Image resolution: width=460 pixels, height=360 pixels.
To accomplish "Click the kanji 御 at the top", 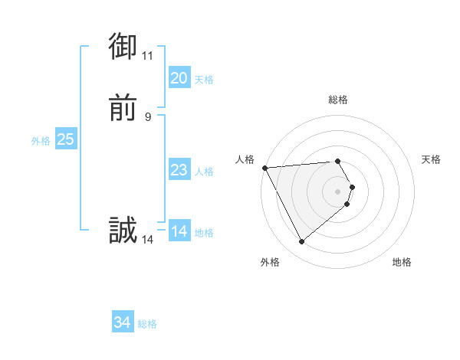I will point(123,47).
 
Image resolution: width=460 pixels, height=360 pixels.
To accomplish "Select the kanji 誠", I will point(123,231).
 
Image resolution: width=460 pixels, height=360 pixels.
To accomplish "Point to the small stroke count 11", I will point(147,55).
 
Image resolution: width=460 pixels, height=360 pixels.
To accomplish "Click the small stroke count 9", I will point(148,116).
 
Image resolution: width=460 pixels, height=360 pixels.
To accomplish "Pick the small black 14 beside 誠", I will point(147,239).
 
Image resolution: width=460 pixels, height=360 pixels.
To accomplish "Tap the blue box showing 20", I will point(179,78).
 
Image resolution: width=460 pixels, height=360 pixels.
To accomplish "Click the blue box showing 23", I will point(179,170).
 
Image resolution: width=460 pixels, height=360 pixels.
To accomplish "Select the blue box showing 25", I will point(65,139).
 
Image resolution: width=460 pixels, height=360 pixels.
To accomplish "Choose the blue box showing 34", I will point(123,323).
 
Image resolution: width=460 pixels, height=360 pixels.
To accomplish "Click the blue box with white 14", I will point(179,231).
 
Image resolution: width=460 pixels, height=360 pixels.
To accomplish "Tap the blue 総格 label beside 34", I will point(147,324).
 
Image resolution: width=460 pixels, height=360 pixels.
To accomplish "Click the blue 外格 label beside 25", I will point(41,140).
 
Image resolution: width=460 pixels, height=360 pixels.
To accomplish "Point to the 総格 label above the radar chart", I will point(338,100).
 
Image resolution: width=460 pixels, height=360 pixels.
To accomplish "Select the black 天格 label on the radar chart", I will point(432,159).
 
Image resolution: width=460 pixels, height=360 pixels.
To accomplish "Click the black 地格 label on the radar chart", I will point(402,263).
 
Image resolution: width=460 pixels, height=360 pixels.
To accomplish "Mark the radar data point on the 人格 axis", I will point(264,167).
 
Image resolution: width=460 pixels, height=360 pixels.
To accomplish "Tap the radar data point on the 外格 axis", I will point(301,242).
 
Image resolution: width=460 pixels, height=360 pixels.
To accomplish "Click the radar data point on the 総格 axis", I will point(338,162).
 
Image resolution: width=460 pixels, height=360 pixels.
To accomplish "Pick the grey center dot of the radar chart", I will point(338,191).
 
